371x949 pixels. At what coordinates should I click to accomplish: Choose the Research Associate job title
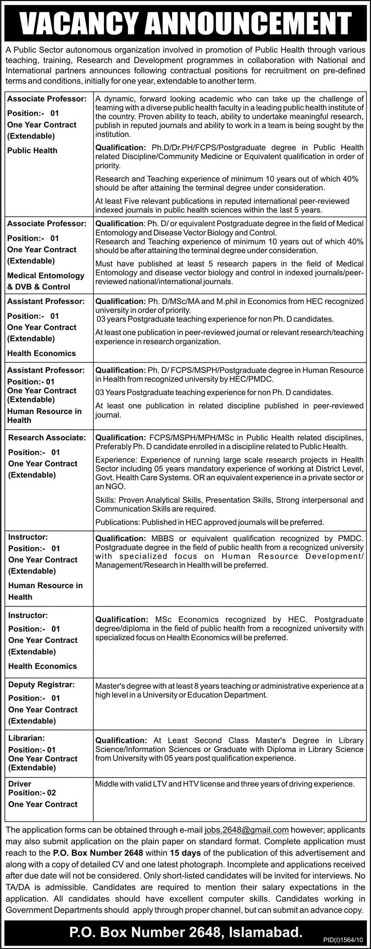coord(47,437)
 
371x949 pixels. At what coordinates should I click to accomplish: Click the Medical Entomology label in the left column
coord(46,276)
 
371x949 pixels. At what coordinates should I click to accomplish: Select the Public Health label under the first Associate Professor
coord(32,150)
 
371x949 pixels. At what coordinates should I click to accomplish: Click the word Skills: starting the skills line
coord(106,500)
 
